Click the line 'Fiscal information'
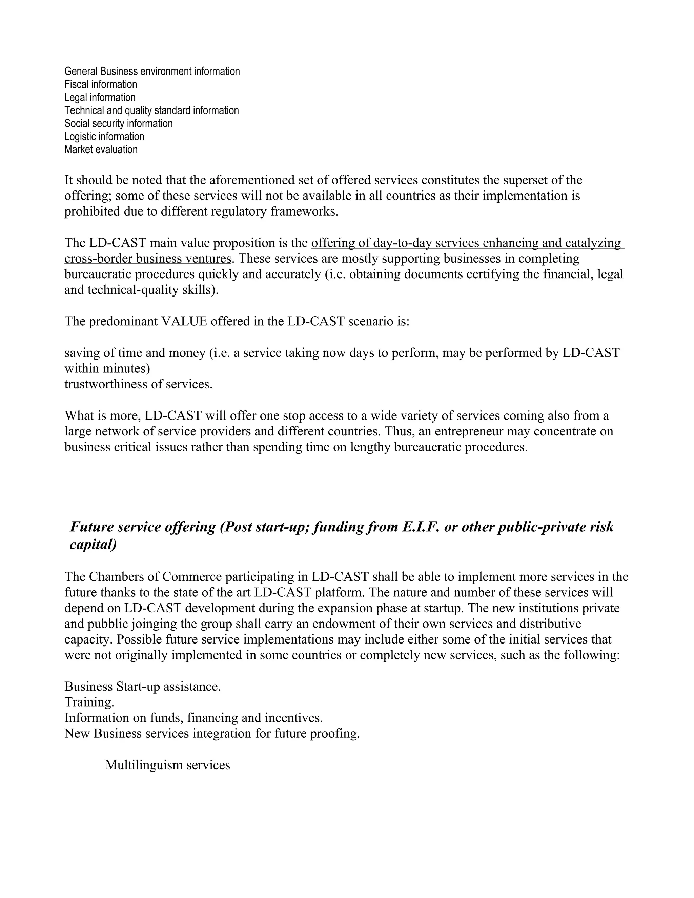[101, 84]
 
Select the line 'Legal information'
[100, 98]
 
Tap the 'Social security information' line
[118, 123]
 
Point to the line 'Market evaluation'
[101, 150]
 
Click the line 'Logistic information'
[104, 137]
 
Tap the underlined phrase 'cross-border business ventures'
[148, 259]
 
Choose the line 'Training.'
[89, 702]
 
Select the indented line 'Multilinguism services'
[167, 765]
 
